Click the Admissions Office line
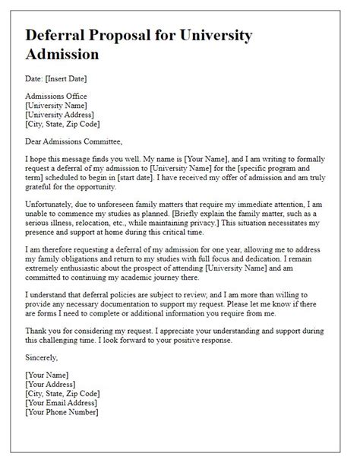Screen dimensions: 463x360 coord(55,97)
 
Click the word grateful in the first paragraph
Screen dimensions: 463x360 coord(41,186)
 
